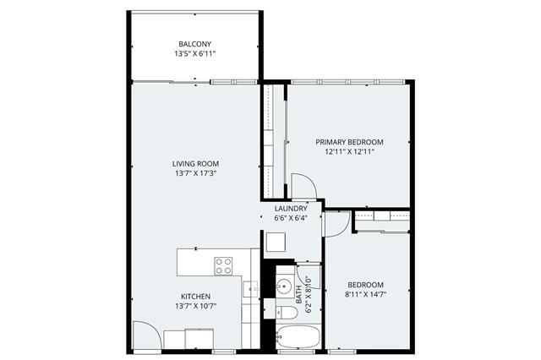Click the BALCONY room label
pyautogui.click(x=195, y=44)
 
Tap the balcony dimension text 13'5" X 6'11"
pyautogui.click(x=195, y=54)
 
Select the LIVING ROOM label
pyautogui.click(x=195, y=164)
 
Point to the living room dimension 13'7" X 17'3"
pyautogui.click(x=195, y=173)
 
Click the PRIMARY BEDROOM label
pyautogui.click(x=349, y=142)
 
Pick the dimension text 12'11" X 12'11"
pyautogui.click(x=349, y=152)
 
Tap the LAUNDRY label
pyautogui.click(x=291, y=209)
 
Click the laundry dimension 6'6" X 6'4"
pyautogui.click(x=291, y=218)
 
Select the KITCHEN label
pyautogui.click(x=195, y=297)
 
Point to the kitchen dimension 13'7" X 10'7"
pyautogui.click(x=195, y=306)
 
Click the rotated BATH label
pyautogui.click(x=298, y=294)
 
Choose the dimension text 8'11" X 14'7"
pyautogui.click(x=365, y=294)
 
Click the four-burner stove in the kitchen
pyautogui.click(x=223, y=266)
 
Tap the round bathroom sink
pyautogui.click(x=284, y=286)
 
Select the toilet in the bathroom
pyautogui.click(x=287, y=313)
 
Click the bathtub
pyautogui.click(x=298, y=336)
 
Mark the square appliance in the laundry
pyautogui.click(x=276, y=242)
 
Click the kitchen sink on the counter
pyautogui.click(x=250, y=289)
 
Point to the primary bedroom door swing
pyautogui.click(x=304, y=186)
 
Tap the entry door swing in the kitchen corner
pyautogui.click(x=147, y=335)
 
